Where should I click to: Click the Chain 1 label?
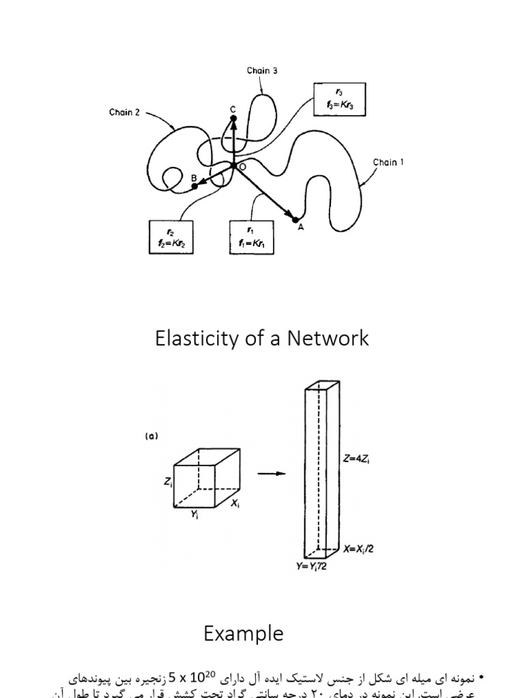pyautogui.click(x=388, y=163)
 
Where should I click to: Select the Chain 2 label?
pyautogui.click(x=124, y=112)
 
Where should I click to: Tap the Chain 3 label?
pyautogui.click(x=262, y=70)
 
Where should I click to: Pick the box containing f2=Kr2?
pyautogui.click(x=171, y=237)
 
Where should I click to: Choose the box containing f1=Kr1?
pyautogui.click(x=252, y=237)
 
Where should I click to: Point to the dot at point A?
pyautogui.click(x=295, y=219)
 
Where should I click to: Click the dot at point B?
pyautogui.click(x=194, y=185)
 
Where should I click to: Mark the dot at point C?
pyautogui.click(x=233, y=118)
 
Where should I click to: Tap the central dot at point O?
pyautogui.click(x=233, y=166)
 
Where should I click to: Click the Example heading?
pyautogui.click(x=243, y=634)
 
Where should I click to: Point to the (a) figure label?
pyautogui.click(x=151, y=437)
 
